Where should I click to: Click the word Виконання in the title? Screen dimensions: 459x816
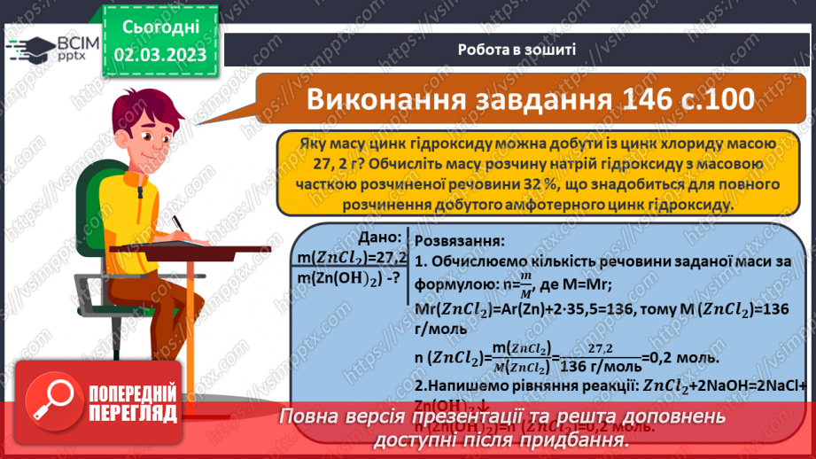(x=388, y=100)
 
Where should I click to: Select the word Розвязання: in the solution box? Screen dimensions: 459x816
(x=459, y=241)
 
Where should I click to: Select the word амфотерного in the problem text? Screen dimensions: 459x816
(x=548, y=205)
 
